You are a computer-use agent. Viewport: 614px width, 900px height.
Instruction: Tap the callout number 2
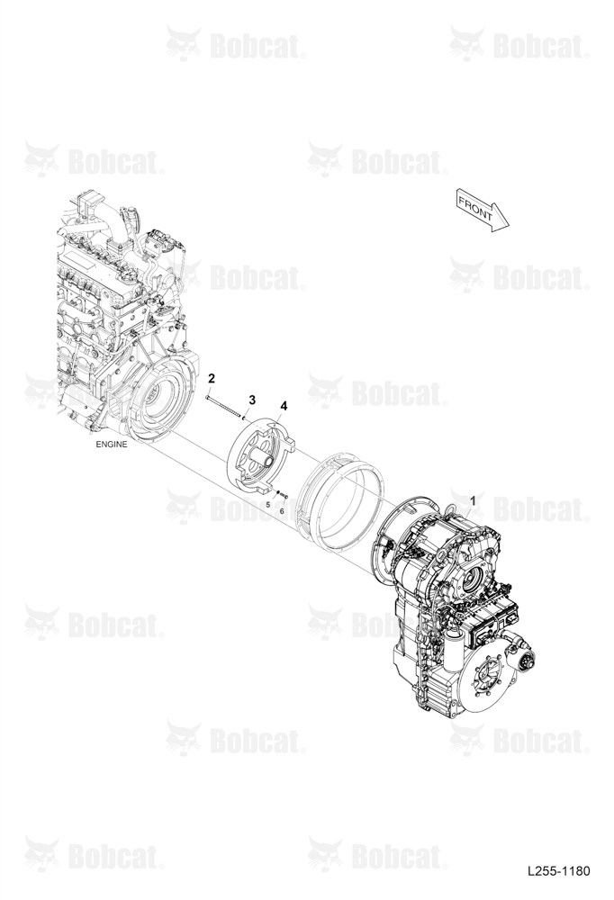(212, 378)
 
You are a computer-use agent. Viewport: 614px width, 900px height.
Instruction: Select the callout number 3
(251, 400)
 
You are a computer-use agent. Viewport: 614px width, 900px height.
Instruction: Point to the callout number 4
(284, 407)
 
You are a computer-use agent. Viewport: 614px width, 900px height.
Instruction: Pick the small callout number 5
(267, 505)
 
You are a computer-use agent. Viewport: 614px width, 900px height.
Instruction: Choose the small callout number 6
(282, 509)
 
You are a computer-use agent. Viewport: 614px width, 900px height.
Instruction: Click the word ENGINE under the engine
(112, 445)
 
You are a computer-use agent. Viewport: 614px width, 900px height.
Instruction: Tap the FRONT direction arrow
(483, 210)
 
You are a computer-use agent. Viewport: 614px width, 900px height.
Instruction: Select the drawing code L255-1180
(558, 871)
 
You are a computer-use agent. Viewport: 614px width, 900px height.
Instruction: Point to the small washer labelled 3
(245, 418)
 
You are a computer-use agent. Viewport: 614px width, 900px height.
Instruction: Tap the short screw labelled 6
(284, 495)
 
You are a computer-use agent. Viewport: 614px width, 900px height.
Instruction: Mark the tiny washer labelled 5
(277, 492)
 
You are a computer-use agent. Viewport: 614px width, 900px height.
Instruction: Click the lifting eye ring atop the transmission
(450, 508)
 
